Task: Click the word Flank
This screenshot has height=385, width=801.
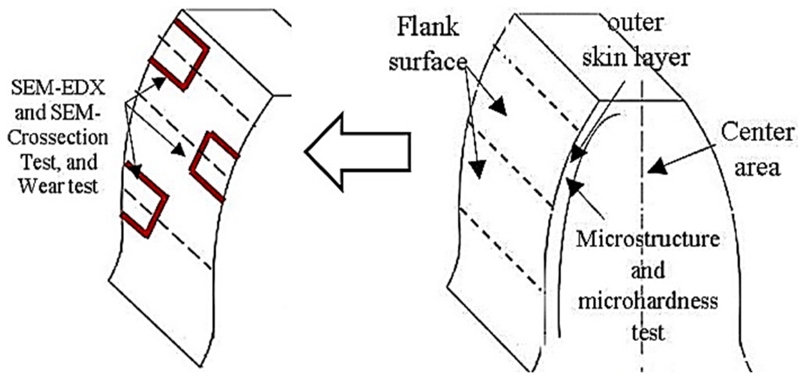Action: (x=428, y=28)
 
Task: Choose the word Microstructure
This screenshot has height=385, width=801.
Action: (x=648, y=240)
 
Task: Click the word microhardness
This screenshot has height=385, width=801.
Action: (x=648, y=302)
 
